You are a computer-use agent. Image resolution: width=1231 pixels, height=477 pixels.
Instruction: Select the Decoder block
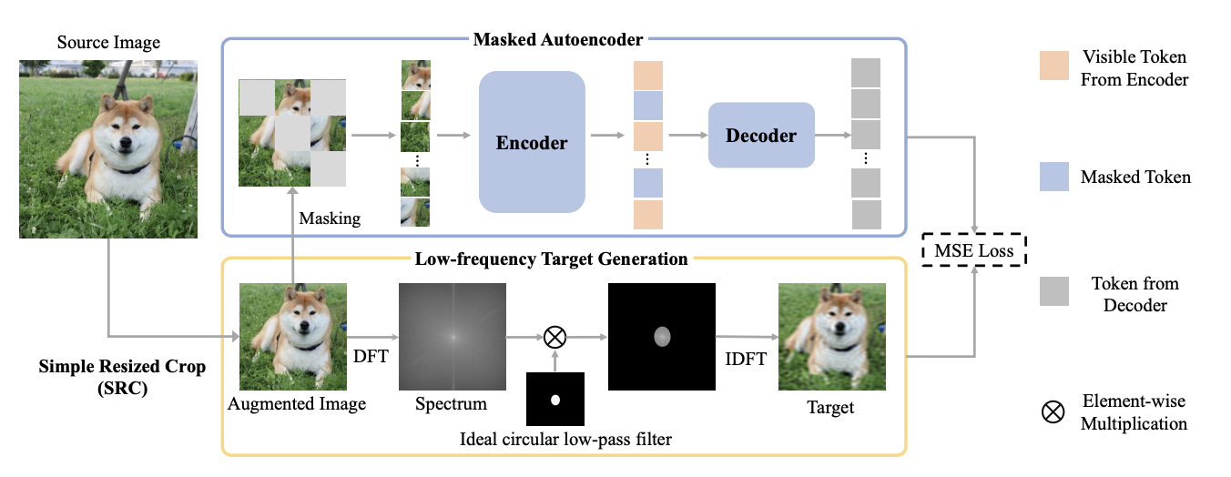coord(761,137)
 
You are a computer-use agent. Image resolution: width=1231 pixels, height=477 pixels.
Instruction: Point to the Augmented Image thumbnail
coord(293,336)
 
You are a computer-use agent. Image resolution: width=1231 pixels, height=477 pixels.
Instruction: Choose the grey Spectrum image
coord(452,336)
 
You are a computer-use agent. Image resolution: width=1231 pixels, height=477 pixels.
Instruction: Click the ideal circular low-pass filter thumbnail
coord(554,400)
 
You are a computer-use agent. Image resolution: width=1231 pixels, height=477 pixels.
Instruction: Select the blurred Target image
coord(830,336)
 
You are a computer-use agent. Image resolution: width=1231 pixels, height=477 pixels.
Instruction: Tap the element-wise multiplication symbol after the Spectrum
coord(554,337)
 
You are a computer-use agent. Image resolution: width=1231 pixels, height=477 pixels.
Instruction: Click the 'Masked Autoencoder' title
coord(558,40)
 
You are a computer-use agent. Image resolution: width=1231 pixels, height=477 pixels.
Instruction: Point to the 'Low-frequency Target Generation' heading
coord(551,259)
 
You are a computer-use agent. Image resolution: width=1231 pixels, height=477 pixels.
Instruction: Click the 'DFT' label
coord(371,357)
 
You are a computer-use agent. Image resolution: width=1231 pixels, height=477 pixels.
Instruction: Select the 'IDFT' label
coord(744,358)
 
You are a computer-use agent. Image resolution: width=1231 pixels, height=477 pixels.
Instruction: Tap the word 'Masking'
coord(330,218)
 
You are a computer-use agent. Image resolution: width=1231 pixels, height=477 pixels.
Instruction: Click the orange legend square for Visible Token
coord(1054,66)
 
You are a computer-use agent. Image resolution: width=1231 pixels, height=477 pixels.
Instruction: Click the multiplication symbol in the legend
coord(1053,411)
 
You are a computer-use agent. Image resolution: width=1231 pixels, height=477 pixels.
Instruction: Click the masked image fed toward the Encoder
coord(291,132)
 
